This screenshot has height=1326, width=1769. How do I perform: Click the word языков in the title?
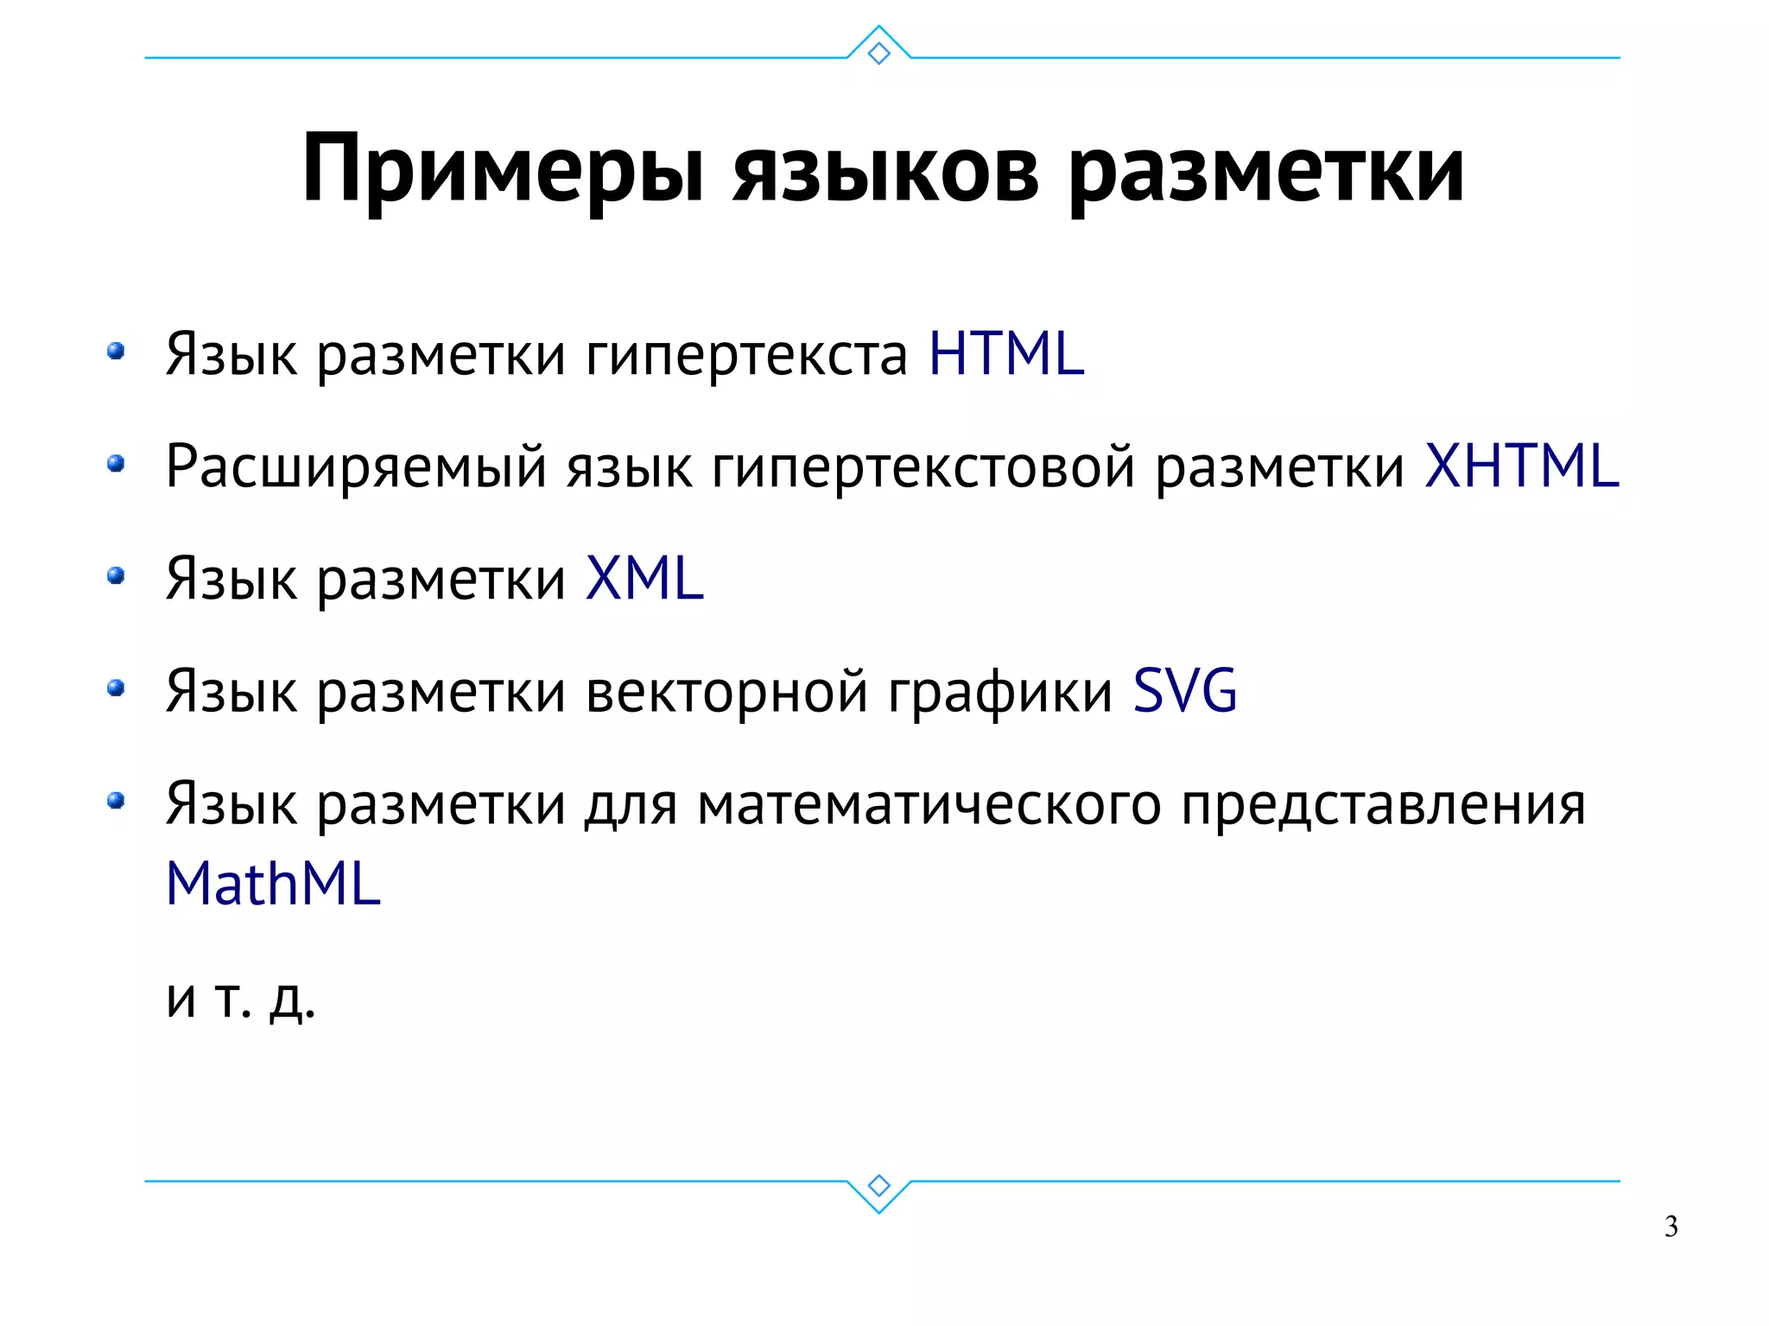(x=886, y=170)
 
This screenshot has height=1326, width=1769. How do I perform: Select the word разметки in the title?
(x=1266, y=170)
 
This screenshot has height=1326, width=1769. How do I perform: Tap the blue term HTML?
(x=1006, y=353)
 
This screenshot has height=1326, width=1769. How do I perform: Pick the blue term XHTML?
(x=1521, y=466)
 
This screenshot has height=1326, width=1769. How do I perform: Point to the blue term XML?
(x=644, y=578)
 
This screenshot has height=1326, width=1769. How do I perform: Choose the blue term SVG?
(x=1185, y=690)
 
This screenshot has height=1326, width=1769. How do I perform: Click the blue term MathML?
(x=273, y=884)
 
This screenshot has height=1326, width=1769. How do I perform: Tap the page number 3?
(x=1671, y=1227)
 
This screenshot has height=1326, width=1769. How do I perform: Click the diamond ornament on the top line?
(x=878, y=54)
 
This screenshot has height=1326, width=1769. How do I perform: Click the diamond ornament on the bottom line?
(x=878, y=1185)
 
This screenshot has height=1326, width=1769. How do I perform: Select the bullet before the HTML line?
(x=116, y=352)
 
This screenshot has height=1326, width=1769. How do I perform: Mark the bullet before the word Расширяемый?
(x=116, y=465)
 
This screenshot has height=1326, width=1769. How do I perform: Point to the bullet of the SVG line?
(x=116, y=688)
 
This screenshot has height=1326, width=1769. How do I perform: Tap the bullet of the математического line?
(x=116, y=801)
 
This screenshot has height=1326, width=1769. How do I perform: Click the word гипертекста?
(x=746, y=355)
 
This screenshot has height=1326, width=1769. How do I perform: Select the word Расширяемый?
(x=356, y=467)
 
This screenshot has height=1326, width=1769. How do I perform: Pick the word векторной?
(x=726, y=691)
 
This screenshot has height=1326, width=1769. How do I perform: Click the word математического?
(x=929, y=804)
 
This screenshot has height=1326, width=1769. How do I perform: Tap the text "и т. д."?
(x=241, y=999)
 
